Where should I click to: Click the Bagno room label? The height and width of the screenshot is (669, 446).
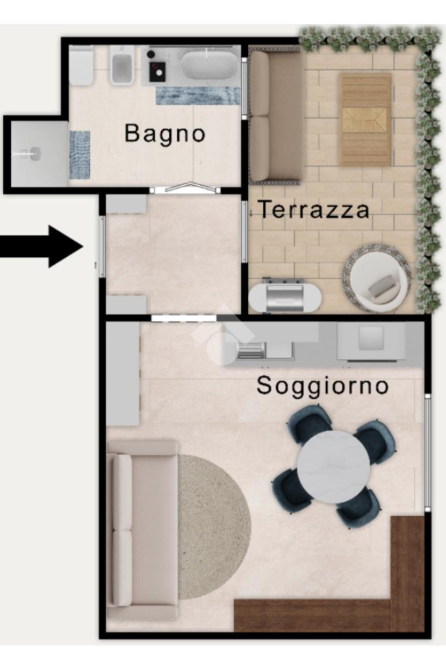click(x=165, y=133)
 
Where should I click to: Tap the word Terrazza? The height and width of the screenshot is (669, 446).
click(x=314, y=210)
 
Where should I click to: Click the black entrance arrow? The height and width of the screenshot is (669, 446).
click(x=41, y=246)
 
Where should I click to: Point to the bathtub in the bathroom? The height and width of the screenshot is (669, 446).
click(x=209, y=65)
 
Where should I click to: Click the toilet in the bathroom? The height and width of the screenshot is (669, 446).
click(x=81, y=66)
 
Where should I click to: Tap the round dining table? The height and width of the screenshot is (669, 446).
click(x=334, y=466)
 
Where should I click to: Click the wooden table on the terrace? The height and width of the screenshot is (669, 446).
click(x=365, y=120)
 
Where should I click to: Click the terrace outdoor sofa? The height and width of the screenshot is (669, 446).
click(x=276, y=115)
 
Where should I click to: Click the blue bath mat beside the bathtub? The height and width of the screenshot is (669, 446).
click(x=198, y=95)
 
